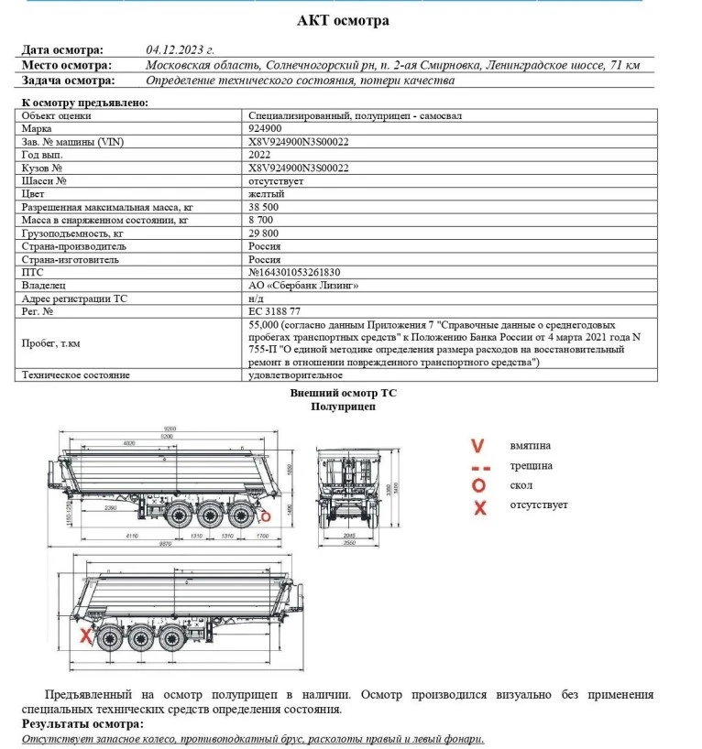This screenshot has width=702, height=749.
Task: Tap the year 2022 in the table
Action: pyautogui.click(x=260, y=155)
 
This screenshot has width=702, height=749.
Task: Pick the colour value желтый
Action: pyautogui.click(x=267, y=194)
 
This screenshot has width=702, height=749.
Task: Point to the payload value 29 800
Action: pyautogui.click(x=265, y=233)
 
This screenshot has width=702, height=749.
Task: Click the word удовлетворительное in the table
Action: pyautogui.click(x=295, y=374)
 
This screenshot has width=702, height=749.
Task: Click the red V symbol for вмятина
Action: pyautogui.click(x=477, y=446)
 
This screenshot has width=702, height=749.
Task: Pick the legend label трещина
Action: pyautogui.click(x=532, y=466)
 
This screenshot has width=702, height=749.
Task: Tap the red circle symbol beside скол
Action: pyautogui.click(x=477, y=485)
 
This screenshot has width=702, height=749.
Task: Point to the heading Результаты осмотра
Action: pyautogui.click(x=83, y=724)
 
